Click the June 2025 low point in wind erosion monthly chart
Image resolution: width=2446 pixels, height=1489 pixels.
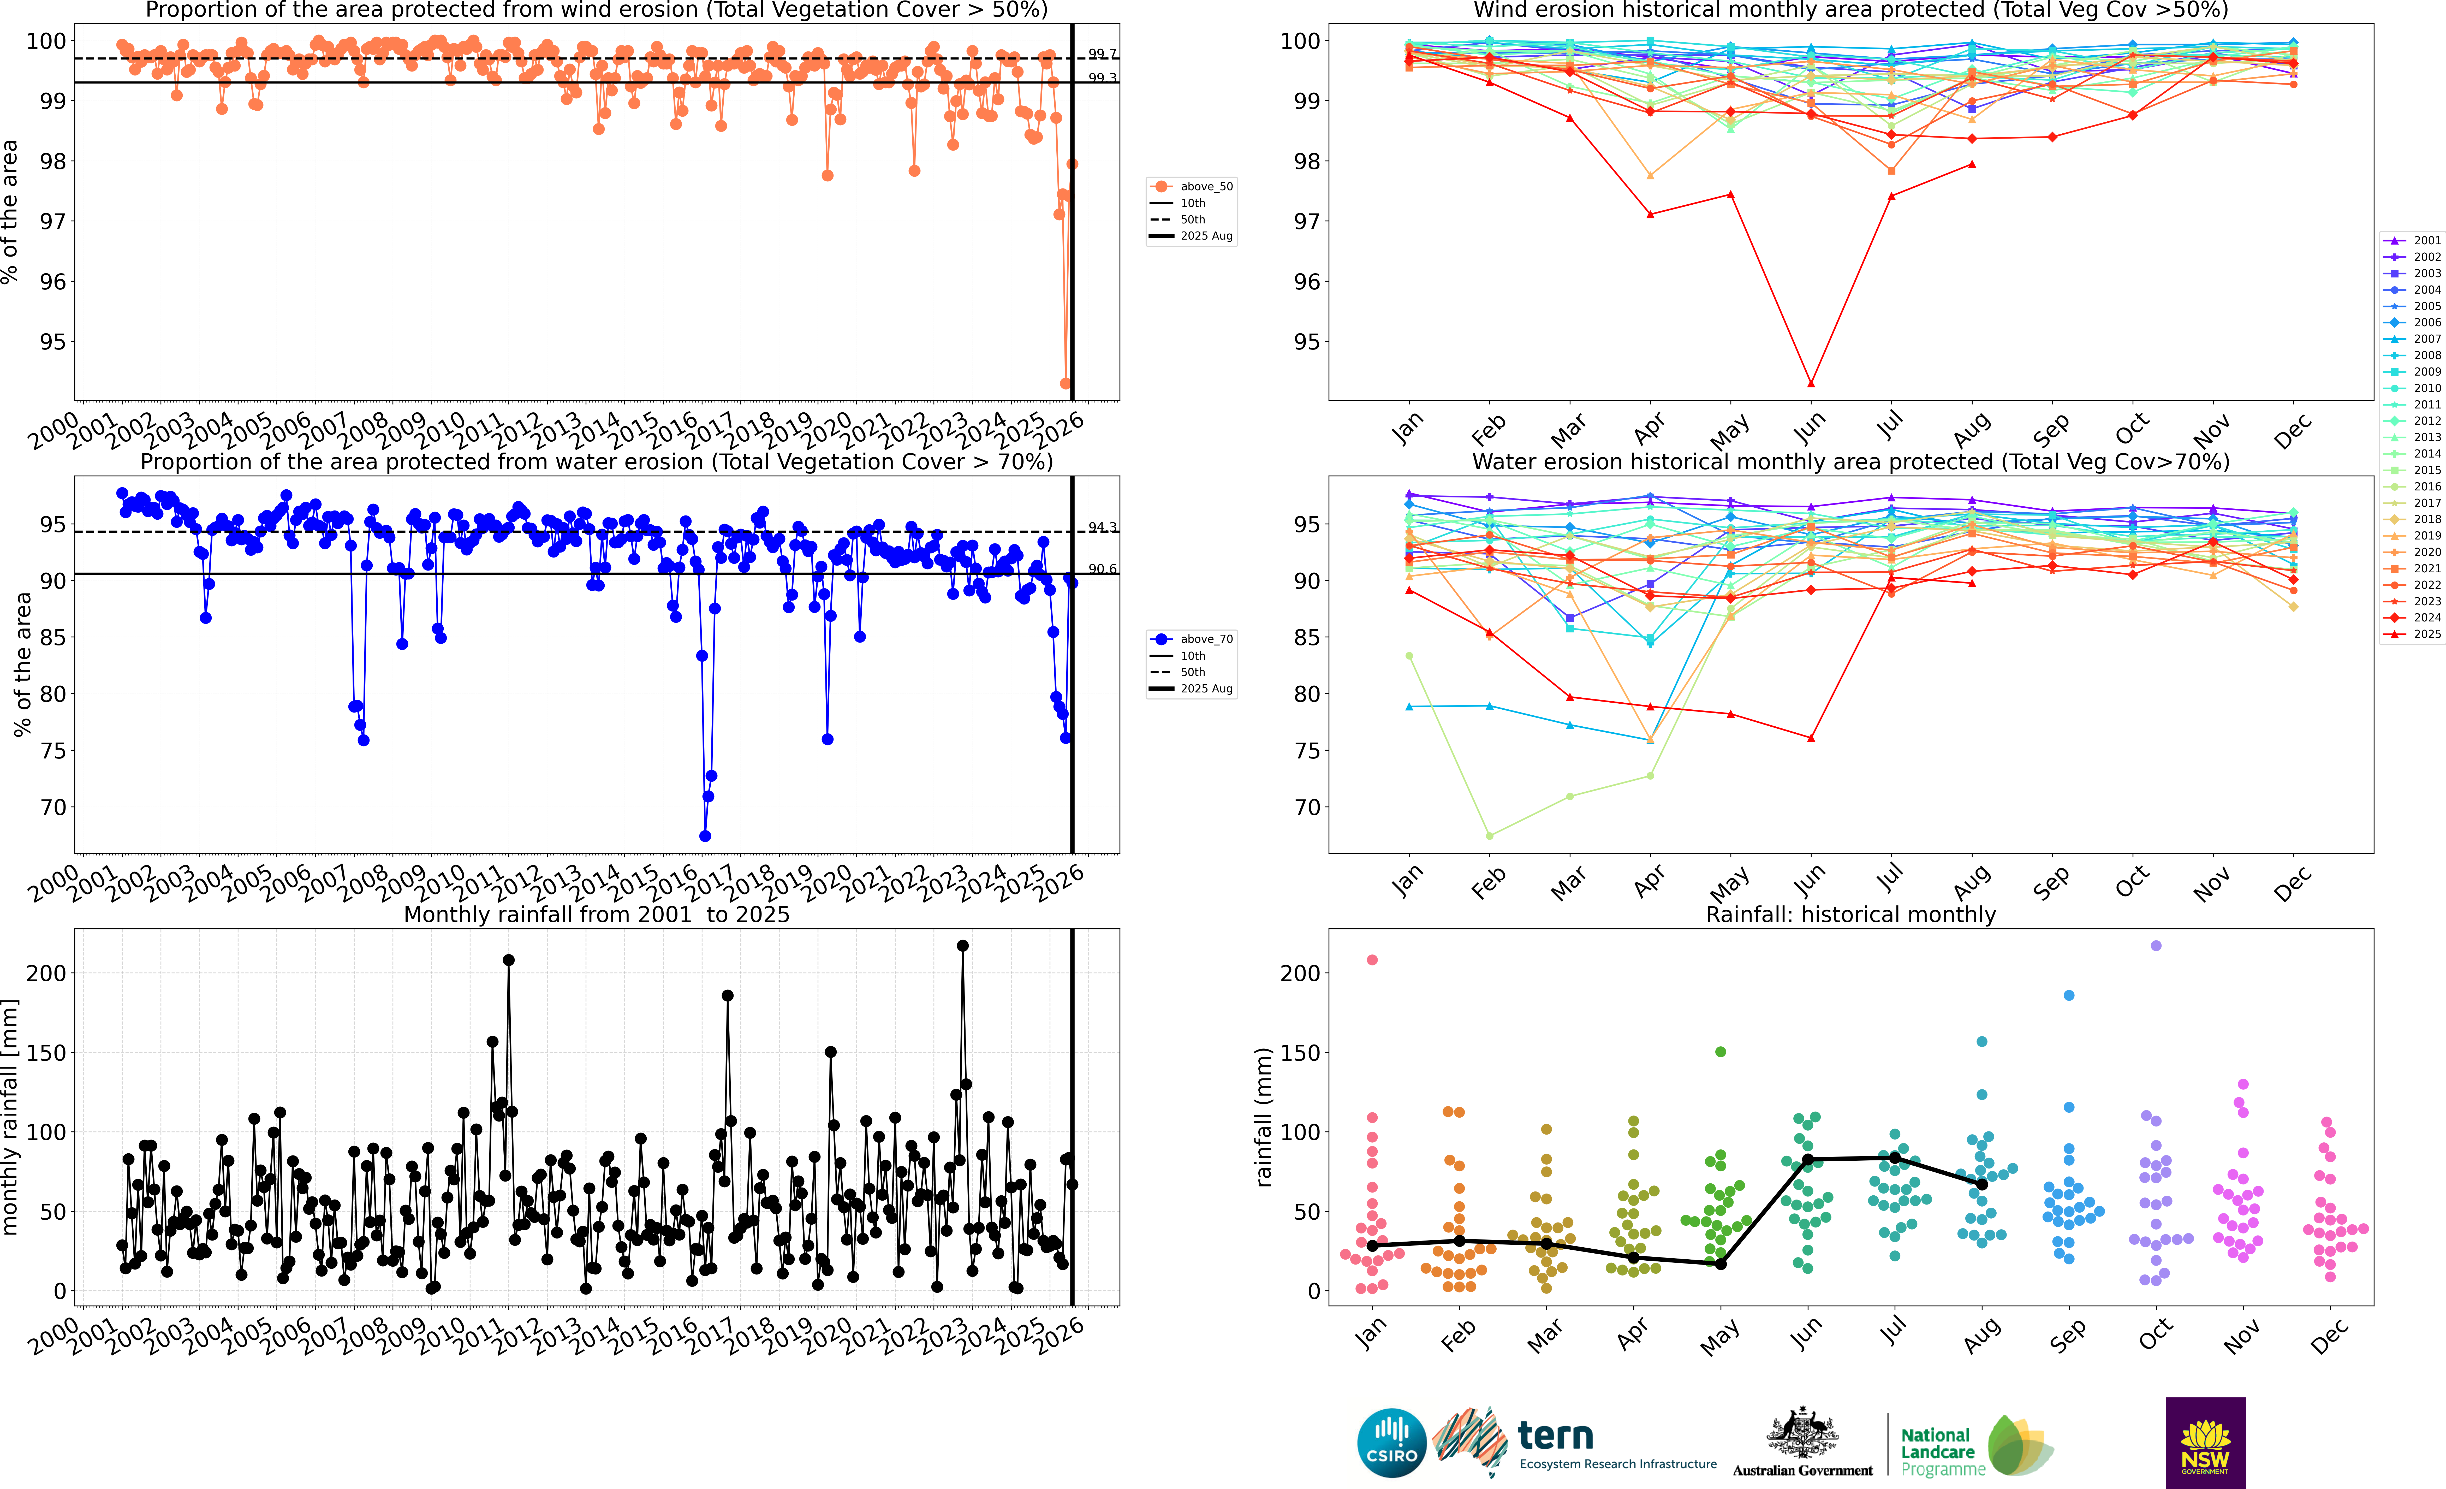click(x=1811, y=383)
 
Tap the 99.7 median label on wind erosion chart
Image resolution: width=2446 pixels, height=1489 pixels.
click(x=1102, y=54)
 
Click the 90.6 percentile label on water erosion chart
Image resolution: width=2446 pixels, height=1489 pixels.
click(x=1102, y=569)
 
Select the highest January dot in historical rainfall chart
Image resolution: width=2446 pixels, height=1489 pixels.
click(x=1372, y=960)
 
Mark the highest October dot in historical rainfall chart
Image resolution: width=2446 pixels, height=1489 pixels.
click(x=2155, y=946)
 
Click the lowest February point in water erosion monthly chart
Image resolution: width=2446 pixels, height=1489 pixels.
click(x=1489, y=836)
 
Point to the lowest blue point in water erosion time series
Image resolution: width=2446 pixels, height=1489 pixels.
click(x=705, y=836)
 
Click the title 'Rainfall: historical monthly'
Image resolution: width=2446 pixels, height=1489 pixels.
click(x=1850, y=914)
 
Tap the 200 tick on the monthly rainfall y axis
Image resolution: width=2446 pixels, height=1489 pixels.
click(x=46, y=973)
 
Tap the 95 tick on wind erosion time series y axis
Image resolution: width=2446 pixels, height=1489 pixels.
click(x=53, y=341)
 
